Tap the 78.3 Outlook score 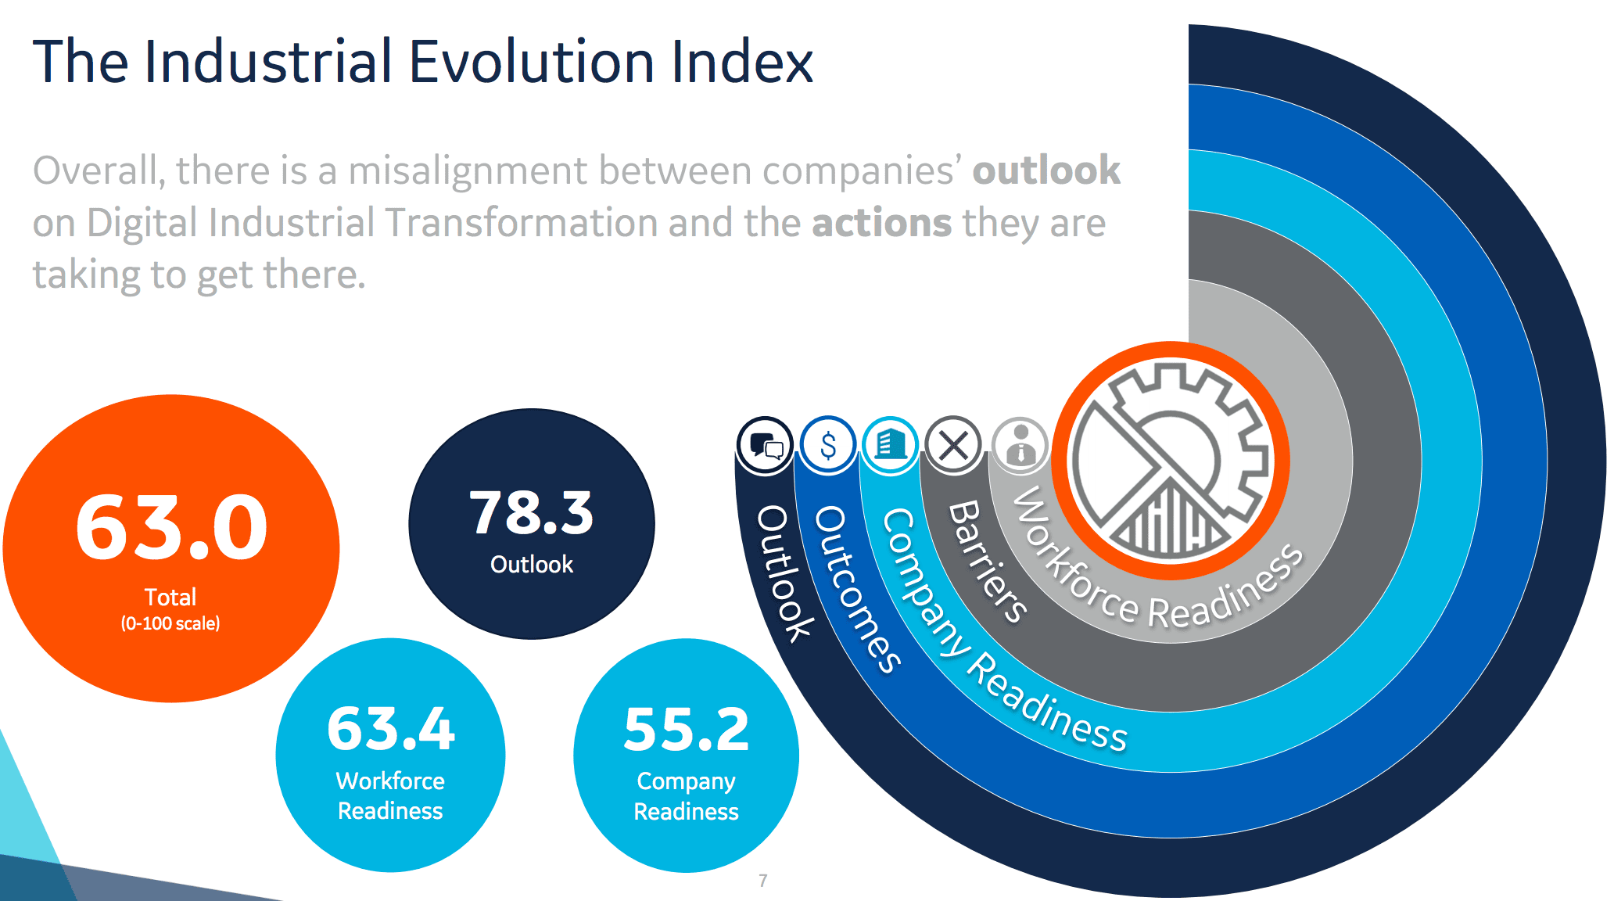532,513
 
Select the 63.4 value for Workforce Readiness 390,729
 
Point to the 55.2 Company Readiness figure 687,730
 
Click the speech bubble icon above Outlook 766,446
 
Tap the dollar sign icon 828,445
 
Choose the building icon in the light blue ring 891,445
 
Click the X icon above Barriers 953,446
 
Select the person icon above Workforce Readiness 1020,446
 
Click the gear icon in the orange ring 1171,461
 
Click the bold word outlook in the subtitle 1046,171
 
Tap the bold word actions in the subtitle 882,223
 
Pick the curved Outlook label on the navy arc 785,573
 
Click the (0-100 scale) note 170,623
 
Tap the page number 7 763,881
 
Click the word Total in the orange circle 170,597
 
